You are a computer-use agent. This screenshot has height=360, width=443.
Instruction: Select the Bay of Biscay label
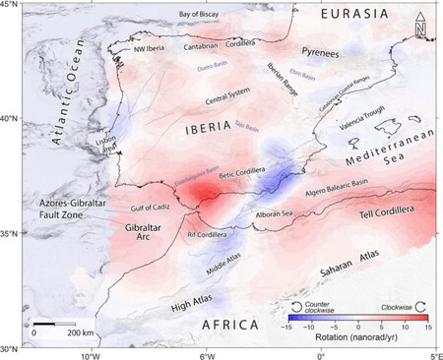pyautogui.click(x=185, y=14)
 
